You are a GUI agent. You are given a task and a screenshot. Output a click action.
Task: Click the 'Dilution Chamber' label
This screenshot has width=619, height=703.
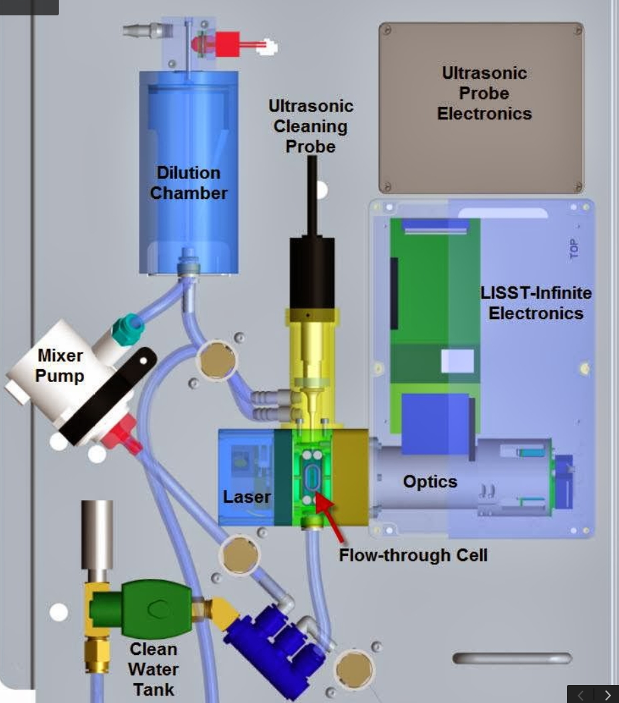tap(188, 183)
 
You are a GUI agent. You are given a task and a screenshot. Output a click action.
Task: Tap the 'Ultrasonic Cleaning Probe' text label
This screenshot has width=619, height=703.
tap(311, 126)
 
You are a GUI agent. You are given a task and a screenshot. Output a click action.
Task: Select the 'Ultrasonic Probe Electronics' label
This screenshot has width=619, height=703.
tap(484, 93)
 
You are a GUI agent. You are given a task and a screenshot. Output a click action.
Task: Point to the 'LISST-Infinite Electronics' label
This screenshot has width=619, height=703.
tap(536, 303)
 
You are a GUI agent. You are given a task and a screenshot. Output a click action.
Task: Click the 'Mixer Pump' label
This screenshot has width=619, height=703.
tap(60, 366)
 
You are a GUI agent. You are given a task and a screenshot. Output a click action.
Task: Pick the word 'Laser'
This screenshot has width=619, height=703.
tap(247, 497)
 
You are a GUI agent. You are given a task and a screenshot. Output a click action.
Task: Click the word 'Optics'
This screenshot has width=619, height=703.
tap(430, 481)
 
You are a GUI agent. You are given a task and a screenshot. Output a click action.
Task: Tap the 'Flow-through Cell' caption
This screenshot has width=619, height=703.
tap(413, 555)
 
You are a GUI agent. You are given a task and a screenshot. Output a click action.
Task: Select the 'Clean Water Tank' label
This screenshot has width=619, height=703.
tap(153, 669)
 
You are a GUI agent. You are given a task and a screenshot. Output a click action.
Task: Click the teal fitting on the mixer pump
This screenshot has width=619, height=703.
tap(127, 330)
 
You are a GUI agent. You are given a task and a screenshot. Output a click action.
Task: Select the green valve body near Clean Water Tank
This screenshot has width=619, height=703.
tap(155, 609)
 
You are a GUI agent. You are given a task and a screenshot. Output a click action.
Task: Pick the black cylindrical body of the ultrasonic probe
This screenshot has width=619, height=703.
tap(311, 270)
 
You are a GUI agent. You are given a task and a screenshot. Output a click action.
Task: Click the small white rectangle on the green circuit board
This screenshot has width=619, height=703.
tap(457, 361)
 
